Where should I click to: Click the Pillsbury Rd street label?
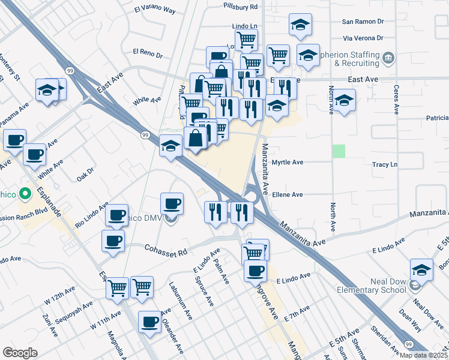tap(240, 6)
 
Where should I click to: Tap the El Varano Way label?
tap(154, 10)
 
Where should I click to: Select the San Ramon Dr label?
tap(363, 21)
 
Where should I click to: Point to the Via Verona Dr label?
tap(363, 38)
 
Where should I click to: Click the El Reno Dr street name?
tap(148, 53)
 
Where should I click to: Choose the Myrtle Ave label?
tap(288, 163)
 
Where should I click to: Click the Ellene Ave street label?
tap(288, 194)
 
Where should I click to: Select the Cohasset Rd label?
tap(166, 248)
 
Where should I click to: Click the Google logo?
tap(20, 353)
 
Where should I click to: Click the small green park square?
tap(340, 151)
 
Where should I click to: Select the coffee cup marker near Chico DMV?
tap(173, 204)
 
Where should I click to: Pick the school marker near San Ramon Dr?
tap(300, 25)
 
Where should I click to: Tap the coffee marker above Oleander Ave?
tap(149, 322)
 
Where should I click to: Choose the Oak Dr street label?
tap(86, 175)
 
